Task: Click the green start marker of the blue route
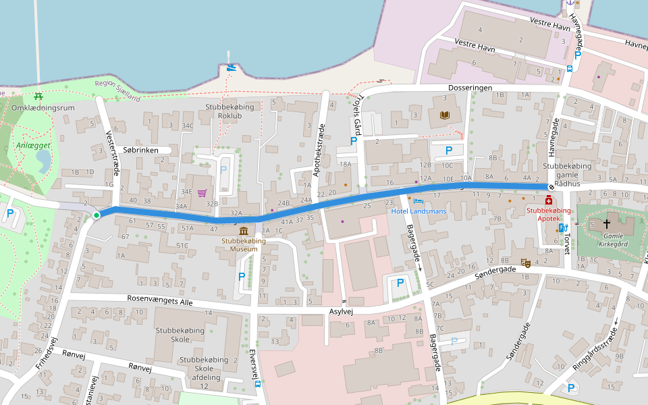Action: tap(97, 215)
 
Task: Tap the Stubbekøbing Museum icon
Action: tap(242, 231)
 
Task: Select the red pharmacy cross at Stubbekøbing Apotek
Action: tap(549, 200)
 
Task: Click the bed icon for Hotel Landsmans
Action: tap(418, 201)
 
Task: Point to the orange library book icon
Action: tap(444, 115)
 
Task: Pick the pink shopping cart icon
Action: tap(202, 193)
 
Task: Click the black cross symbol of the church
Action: tap(606, 223)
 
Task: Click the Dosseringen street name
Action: tap(469, 88)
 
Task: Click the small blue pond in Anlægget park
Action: tap(43, 161)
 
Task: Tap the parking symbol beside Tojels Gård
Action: tap(353, 141)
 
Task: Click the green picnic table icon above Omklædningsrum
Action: tap(38, 96)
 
